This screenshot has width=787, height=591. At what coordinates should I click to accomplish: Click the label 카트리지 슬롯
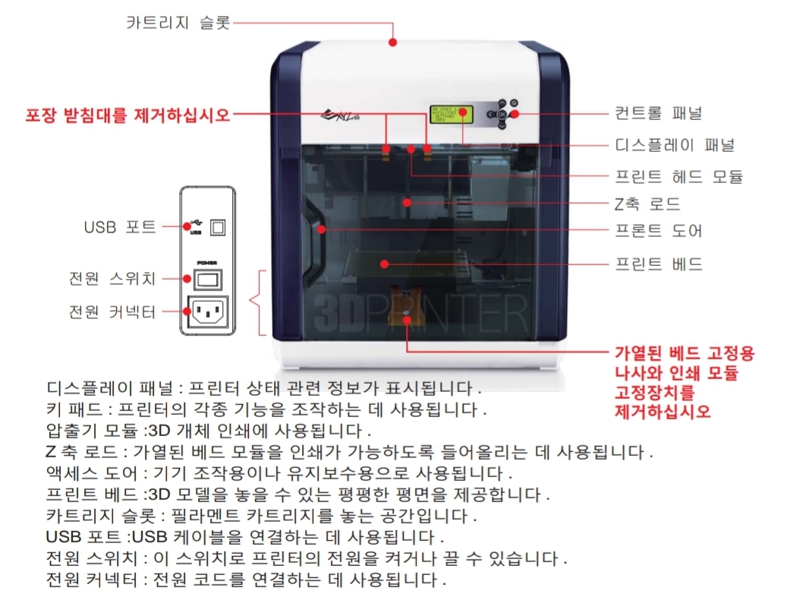tap(178, 22)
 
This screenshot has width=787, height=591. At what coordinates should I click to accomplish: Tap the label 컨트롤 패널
tap(658, 113)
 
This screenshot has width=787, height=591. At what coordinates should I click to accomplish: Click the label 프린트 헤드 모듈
tap(678, 176)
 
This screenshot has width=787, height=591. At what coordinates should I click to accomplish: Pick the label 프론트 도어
tap(658, 230)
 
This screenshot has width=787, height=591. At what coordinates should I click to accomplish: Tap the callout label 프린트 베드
tap(658, 264)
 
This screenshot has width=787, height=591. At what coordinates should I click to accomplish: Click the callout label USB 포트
tap(120, 226)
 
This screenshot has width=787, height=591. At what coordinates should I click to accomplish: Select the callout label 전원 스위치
tap(112, 279)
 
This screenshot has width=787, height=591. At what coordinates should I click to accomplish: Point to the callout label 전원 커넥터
tap(112, 311)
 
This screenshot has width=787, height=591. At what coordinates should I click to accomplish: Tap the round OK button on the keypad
tap(500, 114)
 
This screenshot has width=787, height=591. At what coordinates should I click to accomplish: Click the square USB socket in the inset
tap(218, 226)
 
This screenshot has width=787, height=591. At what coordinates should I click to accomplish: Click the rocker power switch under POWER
tap(207, 280)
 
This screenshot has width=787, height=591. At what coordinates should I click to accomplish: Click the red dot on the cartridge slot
tap(393, 43)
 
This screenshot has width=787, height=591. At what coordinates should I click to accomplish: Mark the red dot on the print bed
tap(385, 264)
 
